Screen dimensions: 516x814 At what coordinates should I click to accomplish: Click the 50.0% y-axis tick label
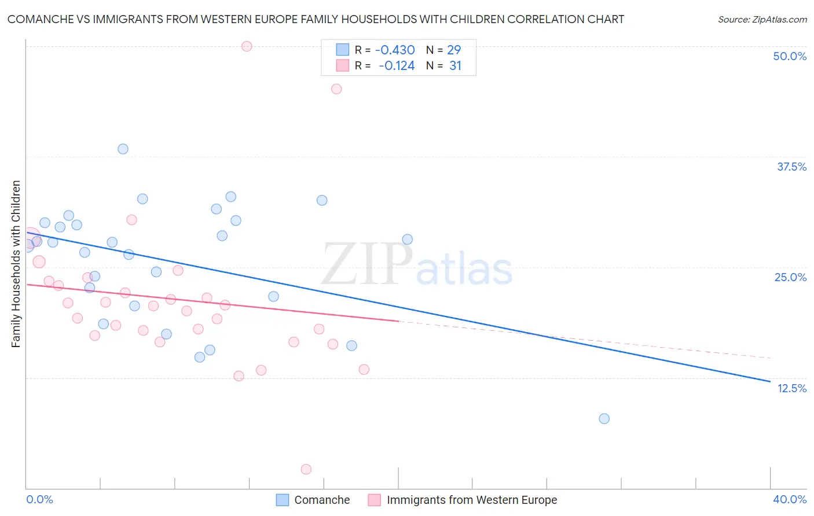click(x=790, y=56)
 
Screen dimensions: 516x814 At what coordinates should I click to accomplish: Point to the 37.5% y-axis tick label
click(x=791, y=167)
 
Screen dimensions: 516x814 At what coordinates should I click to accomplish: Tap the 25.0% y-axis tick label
click(x=790, y=277)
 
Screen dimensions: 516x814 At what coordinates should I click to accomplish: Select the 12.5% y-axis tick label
click(x=791, y=388)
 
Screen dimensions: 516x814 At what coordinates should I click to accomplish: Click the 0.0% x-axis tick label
click(x=39, y=499)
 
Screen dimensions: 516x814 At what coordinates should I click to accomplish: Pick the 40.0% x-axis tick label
click(x=790, y=499)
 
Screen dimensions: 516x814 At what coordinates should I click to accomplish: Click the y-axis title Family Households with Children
click(x=16, y=264)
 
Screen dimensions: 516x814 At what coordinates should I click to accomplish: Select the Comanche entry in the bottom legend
click(x=321, y=500)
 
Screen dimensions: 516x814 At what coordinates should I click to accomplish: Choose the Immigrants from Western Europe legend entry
click(x=471, y=500)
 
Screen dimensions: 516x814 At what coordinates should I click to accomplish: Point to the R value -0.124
click(x=397, y=66)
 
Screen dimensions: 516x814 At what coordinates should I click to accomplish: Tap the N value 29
click(x=454, y=50)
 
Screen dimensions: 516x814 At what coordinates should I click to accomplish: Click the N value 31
click(x=455, y=66)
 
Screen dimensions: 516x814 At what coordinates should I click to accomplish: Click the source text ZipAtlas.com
click(x=762, y=20)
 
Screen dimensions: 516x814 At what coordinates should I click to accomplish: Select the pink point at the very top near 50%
click(x=247, y=46)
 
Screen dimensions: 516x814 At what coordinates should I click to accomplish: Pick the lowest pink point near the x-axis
click(x=306, y=469)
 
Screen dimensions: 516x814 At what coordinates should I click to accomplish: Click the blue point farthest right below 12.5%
click(x=604, y=418)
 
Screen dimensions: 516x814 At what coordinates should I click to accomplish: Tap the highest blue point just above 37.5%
click(x=123, y=149)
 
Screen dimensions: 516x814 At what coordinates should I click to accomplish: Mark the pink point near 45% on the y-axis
click(x=336, y=89)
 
